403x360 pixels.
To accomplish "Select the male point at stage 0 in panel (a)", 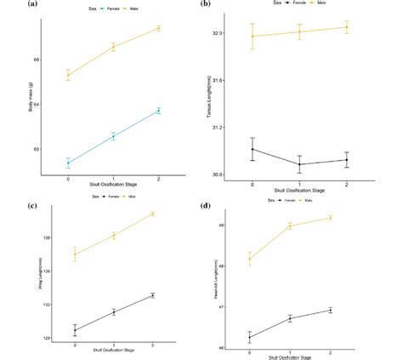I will (x=68, y=75).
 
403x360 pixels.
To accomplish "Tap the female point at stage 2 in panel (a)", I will (x=158, y=111).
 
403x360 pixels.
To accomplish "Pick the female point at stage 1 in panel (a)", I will (x=113, y=135).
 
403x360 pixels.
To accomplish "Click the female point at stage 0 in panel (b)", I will (x=253, y=149).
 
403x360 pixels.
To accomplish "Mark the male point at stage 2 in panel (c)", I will (x=152, y=214).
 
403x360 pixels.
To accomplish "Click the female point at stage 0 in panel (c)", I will (x=75, y=330).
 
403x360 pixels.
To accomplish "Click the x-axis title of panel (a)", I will (x=112, y=183).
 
